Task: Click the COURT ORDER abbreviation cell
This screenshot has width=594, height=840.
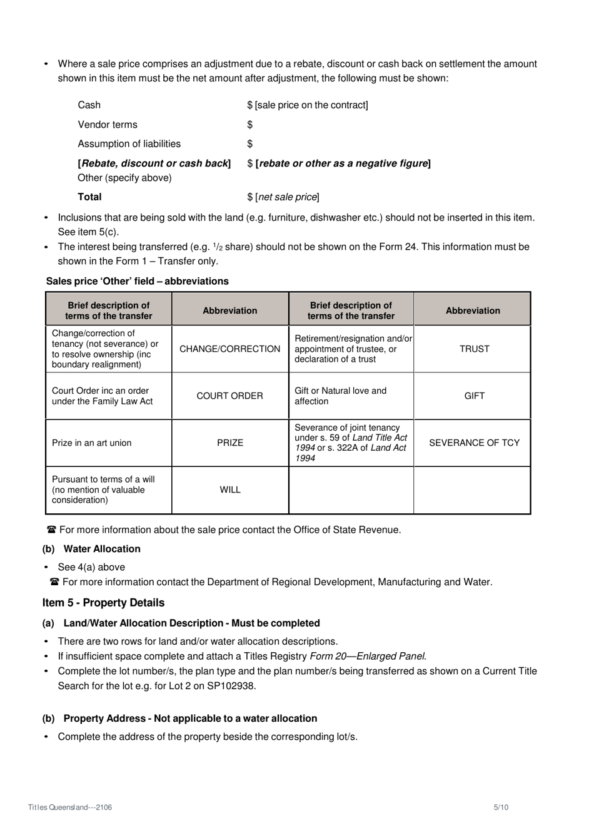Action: click(229, 396)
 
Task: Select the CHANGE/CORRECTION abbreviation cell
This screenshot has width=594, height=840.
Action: click(229, 349)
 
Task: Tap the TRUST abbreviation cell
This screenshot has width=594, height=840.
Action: click(473, 349)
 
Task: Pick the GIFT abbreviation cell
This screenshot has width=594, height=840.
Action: click(473, 396)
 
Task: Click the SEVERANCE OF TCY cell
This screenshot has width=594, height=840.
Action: click(473, 443)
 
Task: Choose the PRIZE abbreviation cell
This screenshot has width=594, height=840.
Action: click(229, 443)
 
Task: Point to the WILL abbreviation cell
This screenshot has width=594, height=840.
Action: click(229, 489)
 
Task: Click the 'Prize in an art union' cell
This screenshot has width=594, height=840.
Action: click(92, 443)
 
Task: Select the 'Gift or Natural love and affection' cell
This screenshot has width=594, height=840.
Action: click(341, 396)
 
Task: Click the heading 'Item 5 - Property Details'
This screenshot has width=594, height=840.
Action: click(103, 603)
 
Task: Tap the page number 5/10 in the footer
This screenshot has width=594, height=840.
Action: click(501, 807)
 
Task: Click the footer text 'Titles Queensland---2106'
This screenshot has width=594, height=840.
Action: click(70, 807)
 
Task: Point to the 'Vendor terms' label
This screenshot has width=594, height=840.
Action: click(108, 125)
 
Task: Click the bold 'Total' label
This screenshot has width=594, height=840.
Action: click(89, 197)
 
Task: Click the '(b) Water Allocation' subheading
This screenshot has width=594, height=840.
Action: click(91, 549)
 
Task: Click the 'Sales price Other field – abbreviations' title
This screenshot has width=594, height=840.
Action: click(138, 281)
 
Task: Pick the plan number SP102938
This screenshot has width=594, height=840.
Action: click(228, 685)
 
